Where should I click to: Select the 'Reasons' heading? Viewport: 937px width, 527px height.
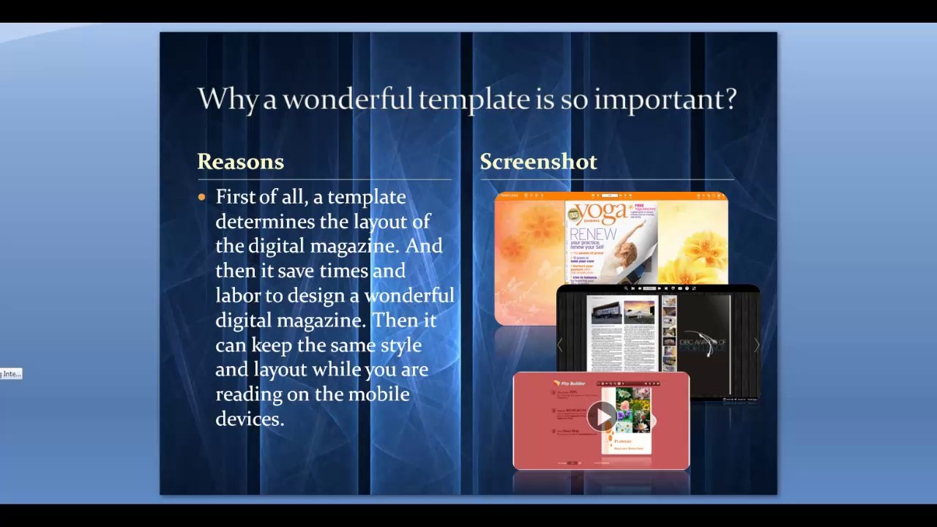pyautogui.click(x=240, y=162)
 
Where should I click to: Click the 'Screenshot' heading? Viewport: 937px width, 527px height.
pyautogui.click(x=538, y=162)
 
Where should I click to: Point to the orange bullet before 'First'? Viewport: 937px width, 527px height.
pyautogui.click(x=202, y=197)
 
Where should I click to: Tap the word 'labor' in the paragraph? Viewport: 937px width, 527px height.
pyautogui.click(x=238, y=295)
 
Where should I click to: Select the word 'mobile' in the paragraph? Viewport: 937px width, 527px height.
pyautogui.click(x=378, y=394)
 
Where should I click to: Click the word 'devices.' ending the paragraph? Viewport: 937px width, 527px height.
pyautogui.click(x=250, y=419)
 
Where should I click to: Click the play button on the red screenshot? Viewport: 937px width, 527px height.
pyautogui.click(x=602, y=416)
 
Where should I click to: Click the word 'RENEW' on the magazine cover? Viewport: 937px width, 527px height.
pyautogui.click(x=593, y=234)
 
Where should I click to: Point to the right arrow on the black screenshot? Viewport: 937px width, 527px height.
pyautogui.click(x=756, y=345)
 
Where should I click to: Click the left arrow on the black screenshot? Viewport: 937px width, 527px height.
pyautogui.click(x=560, y=345)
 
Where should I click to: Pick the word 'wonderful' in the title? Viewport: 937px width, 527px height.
pyautogui.click(x=348, y=99)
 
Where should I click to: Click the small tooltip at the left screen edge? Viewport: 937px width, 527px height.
pyautogui.click(x=11, y=374)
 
